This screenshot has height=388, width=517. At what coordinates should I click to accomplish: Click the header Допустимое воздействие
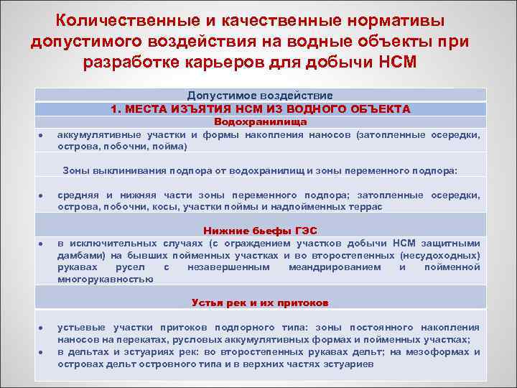(x=260, y=95)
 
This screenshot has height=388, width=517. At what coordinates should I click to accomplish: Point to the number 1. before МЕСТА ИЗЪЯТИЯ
(x=115, y=109)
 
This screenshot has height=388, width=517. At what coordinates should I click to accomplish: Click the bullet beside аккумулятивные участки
(x=43, y=135)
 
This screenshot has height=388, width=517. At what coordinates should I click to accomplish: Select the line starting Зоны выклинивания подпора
(x=260, y=170)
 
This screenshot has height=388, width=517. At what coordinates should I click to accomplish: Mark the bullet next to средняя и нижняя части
(x=43, y=196)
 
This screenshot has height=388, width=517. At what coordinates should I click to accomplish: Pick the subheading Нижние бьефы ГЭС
(x=260, y=231)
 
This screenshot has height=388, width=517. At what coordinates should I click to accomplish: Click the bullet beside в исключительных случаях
(x=43, y=244)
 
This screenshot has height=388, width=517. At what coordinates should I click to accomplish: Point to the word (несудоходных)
(x=439, y=255)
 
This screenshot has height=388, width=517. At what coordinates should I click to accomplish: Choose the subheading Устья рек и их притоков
(x=260, y=302)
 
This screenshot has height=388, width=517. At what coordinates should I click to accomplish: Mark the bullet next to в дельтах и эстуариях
(x=43, y=351)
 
